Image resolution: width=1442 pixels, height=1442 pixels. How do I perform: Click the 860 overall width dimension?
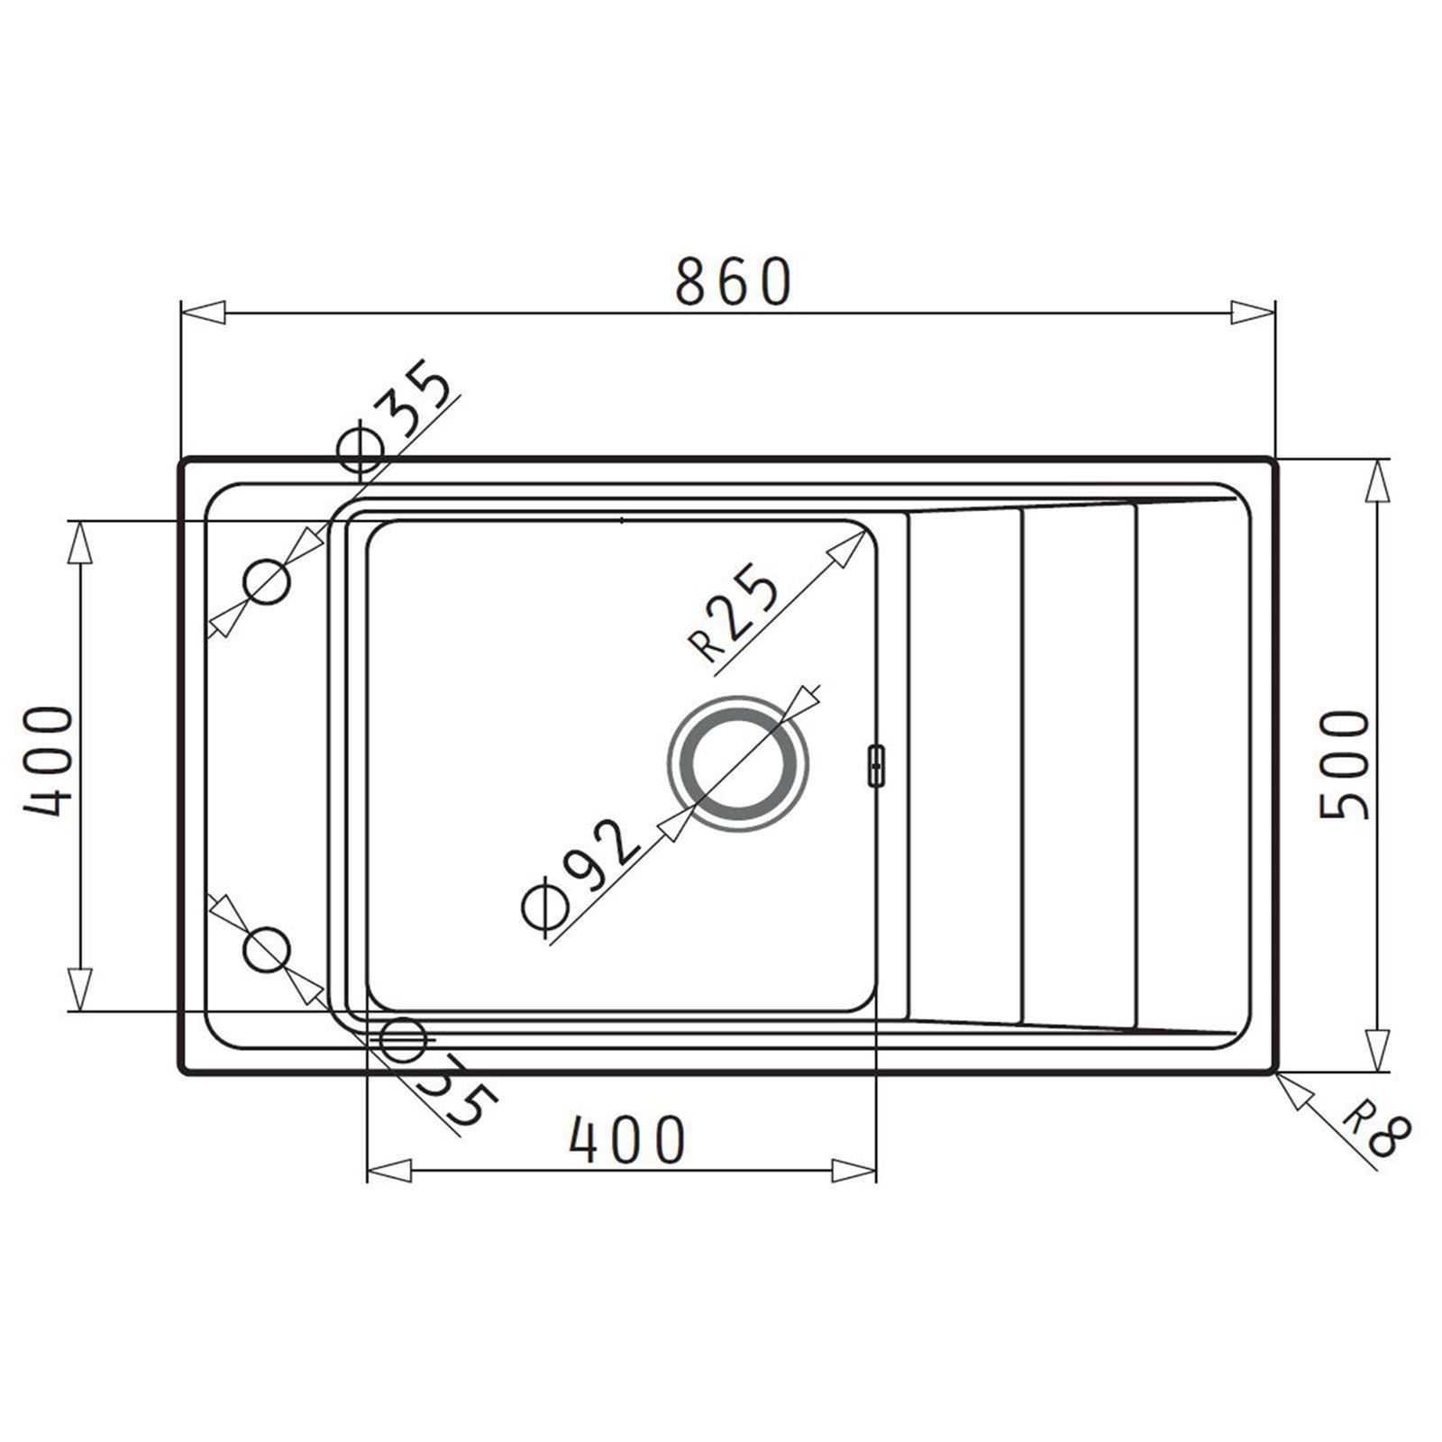click(x=734, y=281)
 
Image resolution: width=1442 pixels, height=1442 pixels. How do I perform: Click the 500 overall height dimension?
click(x=1345, y=764)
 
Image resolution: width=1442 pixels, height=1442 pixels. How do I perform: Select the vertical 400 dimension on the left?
click(x=47, y=762)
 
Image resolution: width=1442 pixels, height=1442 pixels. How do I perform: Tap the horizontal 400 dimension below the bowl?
click(x=627, y=1139)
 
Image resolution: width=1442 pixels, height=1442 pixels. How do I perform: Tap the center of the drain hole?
click(x=738, y=762)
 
